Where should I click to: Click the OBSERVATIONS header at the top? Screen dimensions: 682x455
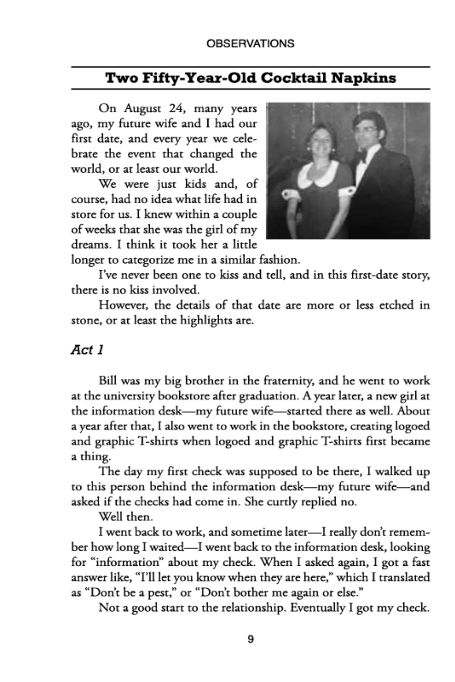(250, 43)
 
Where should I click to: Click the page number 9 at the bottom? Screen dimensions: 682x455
(250, 639)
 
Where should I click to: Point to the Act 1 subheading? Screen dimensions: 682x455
(87, 350)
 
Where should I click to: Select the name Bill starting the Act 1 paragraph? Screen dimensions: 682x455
(108, 381)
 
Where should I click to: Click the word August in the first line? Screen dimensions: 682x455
(142, 109)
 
